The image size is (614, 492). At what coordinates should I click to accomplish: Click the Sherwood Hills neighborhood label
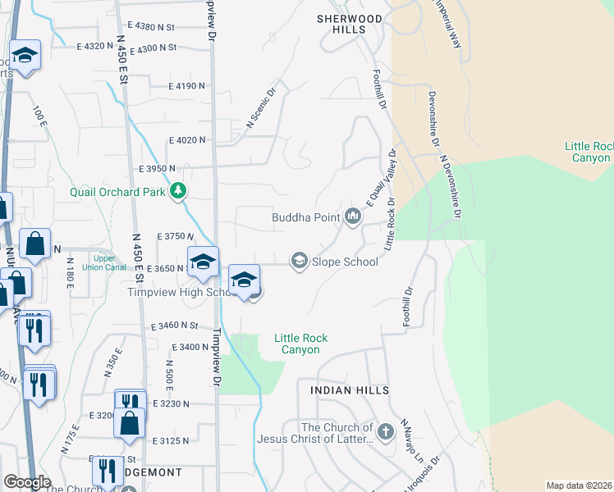(350, 24)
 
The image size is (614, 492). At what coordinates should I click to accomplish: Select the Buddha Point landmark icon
(353, 217)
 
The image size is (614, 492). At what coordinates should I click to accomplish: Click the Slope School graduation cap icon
(300, 262)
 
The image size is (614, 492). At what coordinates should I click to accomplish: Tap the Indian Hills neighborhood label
(350, 390)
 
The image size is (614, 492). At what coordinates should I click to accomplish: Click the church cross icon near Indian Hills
(386, 430)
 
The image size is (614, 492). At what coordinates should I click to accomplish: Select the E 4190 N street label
(188, 86)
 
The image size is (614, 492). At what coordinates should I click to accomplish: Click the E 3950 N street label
(159, 168)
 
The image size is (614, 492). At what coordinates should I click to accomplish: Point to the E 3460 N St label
(175, 326)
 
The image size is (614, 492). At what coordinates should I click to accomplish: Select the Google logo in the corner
(27, 482)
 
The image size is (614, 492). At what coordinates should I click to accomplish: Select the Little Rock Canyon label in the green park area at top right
(588, 152)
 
